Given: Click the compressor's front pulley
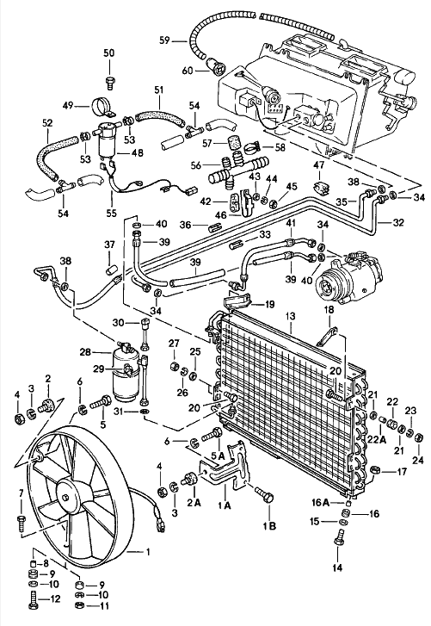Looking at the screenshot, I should tap(329, 282).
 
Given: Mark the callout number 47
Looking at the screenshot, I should tap(318, 164).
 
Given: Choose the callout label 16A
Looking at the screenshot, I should tap(320, 500).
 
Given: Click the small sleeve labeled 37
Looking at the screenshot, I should tap(110, 272).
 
